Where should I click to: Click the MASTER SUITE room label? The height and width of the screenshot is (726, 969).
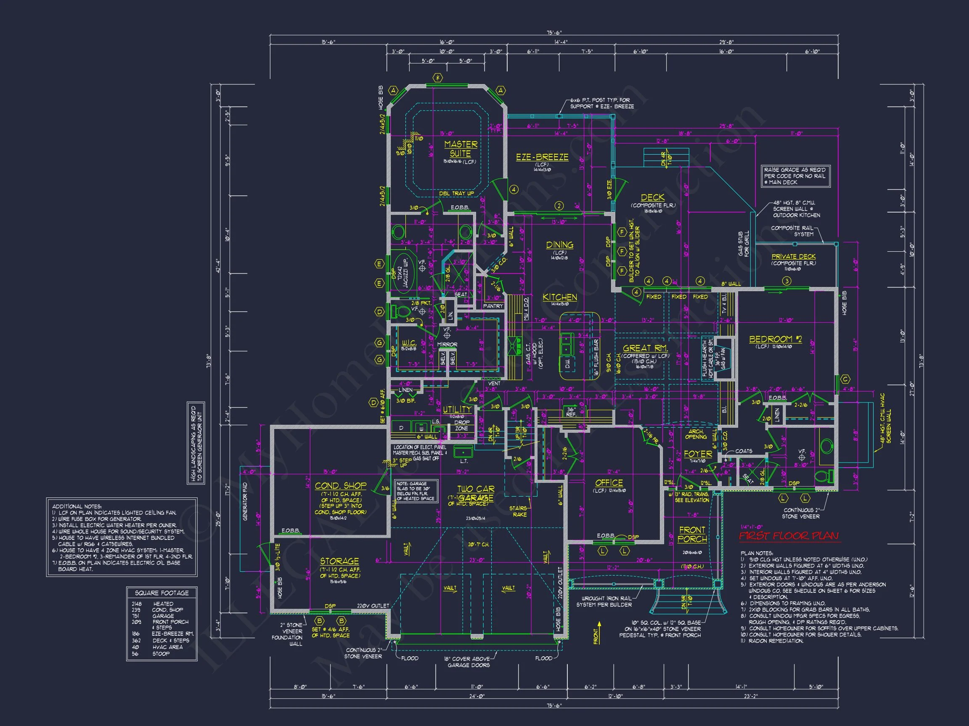(461, 149)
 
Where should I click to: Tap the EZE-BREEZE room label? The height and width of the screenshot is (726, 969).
(542, 157)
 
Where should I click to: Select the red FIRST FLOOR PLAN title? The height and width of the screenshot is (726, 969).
(789, 536)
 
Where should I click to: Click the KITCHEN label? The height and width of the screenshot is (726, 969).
(559, 297)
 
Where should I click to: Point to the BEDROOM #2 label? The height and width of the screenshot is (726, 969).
(776, 339)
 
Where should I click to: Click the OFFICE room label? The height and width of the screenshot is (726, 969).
(609, 483)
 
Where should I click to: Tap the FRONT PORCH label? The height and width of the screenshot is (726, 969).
(692, 534)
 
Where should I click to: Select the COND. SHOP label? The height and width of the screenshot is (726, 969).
(340, 486)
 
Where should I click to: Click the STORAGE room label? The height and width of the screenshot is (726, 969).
(339, 561)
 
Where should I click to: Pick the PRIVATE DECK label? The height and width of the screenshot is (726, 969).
(793, 257)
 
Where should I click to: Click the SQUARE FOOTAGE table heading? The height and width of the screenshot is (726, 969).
(161, 593)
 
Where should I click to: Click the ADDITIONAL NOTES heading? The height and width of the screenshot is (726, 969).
(77, 506)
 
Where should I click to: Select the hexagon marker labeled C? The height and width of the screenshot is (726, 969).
(845, 379)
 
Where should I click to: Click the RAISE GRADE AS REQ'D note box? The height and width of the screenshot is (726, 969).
(795, 176)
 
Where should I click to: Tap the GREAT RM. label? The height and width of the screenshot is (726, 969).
(645, 348)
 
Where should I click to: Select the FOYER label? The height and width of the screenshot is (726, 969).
(698, 454)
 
